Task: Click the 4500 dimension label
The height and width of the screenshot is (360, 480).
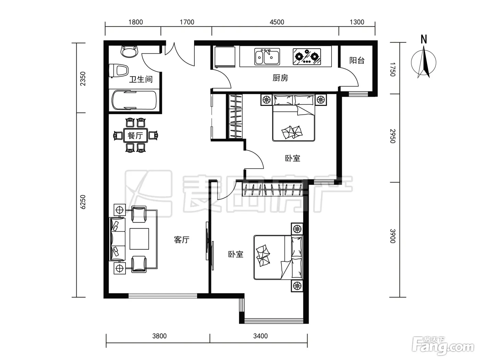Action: click(x=277, y=22)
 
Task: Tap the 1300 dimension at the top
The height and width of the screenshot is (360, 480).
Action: click(x=357, y=22)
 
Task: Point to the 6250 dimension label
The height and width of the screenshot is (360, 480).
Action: click(x=83, y=202)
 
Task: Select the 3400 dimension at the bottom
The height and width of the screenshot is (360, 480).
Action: click(x=261, y=336)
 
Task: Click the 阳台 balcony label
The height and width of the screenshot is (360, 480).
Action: click(x=357, y=60)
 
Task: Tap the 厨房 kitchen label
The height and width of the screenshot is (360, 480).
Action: click(x=280, y=78)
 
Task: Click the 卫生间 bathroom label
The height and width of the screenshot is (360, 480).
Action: click(x=141, y=79)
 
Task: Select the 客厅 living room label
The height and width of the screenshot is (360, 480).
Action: click(x=182, y=240)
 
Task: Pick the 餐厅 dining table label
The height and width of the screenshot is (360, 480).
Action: click(x=135, y=135)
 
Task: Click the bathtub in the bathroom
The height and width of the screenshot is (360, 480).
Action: click(x=134, y=100)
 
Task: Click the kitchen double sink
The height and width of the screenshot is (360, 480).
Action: click(x=267, y=57)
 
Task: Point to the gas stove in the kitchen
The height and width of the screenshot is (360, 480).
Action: click(x=307, y=57)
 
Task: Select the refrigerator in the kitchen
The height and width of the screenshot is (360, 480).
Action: click(x=225, y=57)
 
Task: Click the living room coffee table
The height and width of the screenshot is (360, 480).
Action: click(x=139, y=239)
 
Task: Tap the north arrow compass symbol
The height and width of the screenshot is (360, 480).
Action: click(x=423, y=62)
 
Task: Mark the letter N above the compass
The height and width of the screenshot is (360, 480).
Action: click(x=424, y=39)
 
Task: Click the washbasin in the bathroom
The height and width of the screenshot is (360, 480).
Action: click(x=130, y=51)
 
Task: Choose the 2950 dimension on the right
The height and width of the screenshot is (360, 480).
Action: click(x=393, y=136)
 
